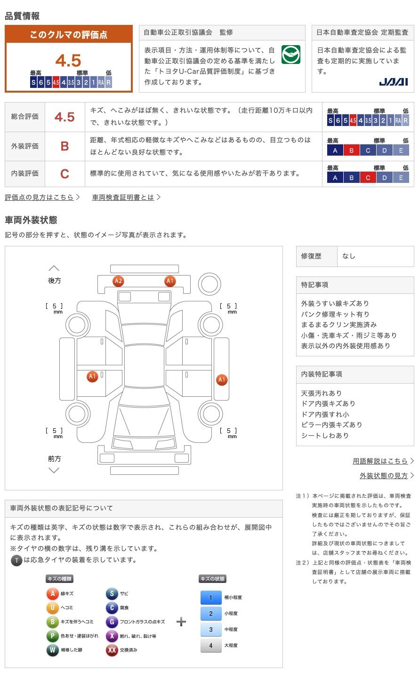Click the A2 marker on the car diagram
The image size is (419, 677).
[118, 281]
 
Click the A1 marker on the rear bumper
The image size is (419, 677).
[170, 281]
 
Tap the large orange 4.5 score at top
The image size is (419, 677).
[68, 60]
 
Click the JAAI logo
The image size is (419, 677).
[393, 82]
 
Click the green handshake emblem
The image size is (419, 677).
[290, 55]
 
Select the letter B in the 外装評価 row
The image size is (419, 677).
[64, 146]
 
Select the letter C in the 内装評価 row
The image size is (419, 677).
[64, 173]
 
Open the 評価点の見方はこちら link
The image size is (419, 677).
[40, 197]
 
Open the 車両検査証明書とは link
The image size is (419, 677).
[123, 197]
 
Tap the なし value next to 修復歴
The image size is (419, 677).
[349, 256]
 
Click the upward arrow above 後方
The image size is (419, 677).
[54, 268]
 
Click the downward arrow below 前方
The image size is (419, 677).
[54, 470]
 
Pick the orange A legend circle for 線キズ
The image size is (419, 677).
[52, 594]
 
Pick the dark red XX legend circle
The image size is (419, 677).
[112, 650]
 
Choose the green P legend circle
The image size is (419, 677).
[52, 636]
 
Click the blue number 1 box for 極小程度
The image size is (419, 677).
[211, 598]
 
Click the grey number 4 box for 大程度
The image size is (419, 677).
[211, 646]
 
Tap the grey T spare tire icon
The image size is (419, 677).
[16, 560]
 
